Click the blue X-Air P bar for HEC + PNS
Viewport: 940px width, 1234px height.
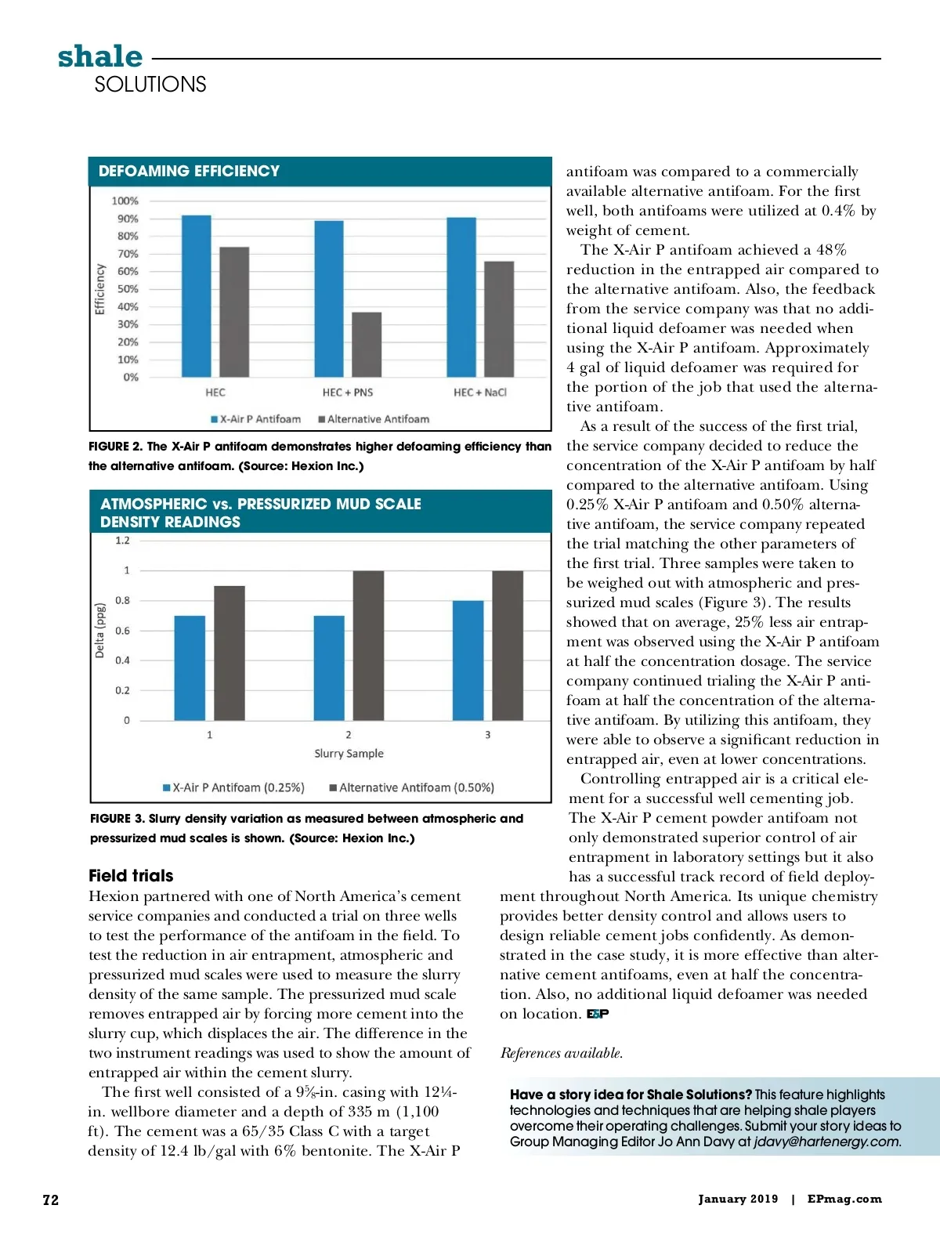pyautogui.click(x=329, y=299)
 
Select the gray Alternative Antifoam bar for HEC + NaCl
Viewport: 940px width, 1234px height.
pyautogui.click(x=499, y=319)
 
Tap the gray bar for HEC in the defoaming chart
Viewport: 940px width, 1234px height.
pyautogui.click(x=234, y=312)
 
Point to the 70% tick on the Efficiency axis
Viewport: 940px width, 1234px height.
pyautogui.click(x=128, y=254)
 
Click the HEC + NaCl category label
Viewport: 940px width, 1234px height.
pyautogui.click(x=479, y=393)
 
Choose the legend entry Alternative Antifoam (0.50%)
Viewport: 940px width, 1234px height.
pyautogui.click(x=412, y=787)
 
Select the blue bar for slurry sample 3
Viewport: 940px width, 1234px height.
pyautogui.click(x=468, y=660)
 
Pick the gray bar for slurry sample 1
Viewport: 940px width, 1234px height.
pyautogui.click(x=230, y=653)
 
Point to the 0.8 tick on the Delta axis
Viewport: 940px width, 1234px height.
pyautogui.click(x=123, y=600)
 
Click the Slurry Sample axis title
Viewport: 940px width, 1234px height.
pyautogui.click(x=349, y=754)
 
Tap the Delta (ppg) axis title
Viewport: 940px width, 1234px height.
pyautogui.click(x=99, y=631)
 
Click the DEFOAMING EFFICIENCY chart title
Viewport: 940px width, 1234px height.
pyautogui.click(x=189, y=171)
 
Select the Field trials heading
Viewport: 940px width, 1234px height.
pyautogui.click(x=131, y=875)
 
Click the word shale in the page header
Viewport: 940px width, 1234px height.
pyautogui.click(x=100, y=56)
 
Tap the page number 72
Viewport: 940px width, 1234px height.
pyautogui.click(x=50, y=1200)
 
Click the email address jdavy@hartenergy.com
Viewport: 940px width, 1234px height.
pyautogui.click(x=826, y=1142)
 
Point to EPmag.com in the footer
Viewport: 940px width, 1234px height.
pyautogui.click(x=844, y=1199)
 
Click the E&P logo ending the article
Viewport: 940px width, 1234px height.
pyautogui.click(x=598, y=1014)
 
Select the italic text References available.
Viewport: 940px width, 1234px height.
pyautogui.click(x=562, y=1053)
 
